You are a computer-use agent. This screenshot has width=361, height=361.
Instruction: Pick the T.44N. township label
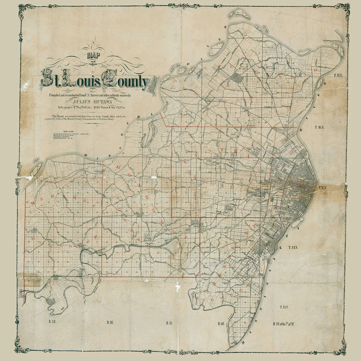point(292,247)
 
